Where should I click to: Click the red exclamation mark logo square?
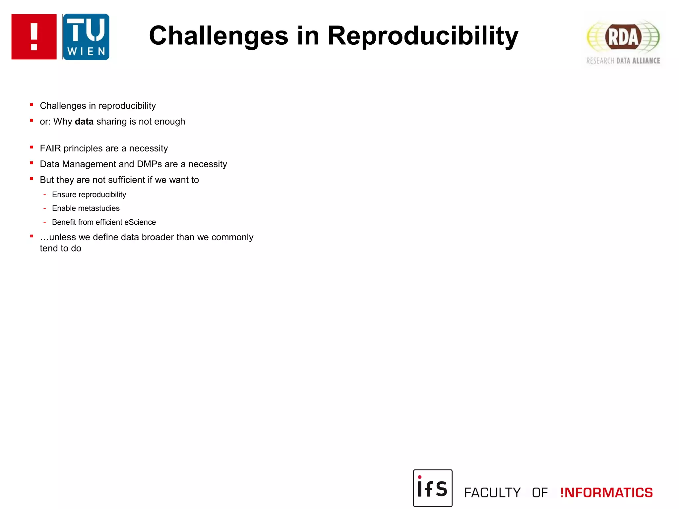coord(34,37)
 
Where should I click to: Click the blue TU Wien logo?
coord(86,37)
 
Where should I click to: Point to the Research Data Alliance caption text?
coord(623,61)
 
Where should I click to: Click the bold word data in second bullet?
coord(84,122)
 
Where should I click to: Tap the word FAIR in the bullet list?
coord(50,148)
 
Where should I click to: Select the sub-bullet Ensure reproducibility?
coord(89,195)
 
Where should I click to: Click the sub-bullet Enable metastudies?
coord(86,208)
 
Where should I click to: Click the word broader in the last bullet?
coord(157,237)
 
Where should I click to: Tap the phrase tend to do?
coord(60,249)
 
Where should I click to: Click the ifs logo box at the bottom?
coord(433,488)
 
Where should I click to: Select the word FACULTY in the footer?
coord(492,493)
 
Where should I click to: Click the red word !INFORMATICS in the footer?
coord(606,493)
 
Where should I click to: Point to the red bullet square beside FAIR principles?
coord(31,147)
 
